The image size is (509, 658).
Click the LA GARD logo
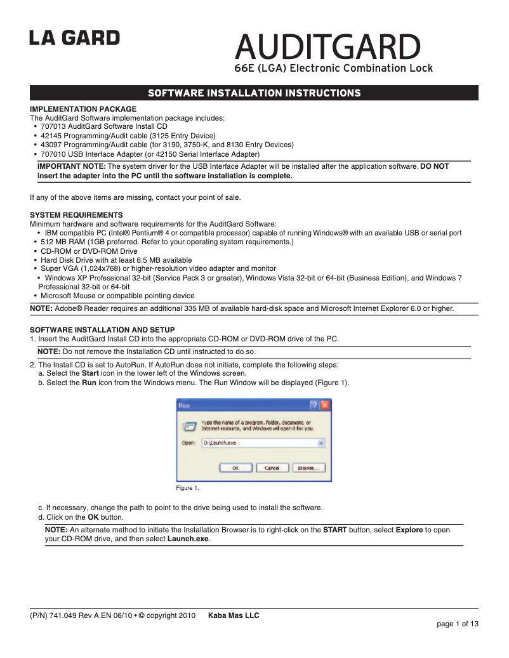pyautogui.click(x=74, y=39)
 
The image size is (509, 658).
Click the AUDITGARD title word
pyautogui.click(x=327, y=47)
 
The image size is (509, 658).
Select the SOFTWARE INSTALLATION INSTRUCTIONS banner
pyautogui.click(x=254, y=93)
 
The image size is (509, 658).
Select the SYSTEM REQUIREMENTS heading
pyautogui.click(x=76, y=215)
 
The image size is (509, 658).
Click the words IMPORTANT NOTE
pyautogui.click(x=72, y=166)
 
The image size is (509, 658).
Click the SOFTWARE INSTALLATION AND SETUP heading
pyautogui.click(x=102, y=330)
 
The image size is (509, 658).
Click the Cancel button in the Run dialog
pyautogui.click(x=272, y=468)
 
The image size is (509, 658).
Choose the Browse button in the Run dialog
pyautogui.click(x=308, y=468)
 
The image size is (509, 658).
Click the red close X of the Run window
pyautogui.click(x=324, y=405)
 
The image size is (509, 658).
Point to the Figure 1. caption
pyautogui.click(x=187, y=488)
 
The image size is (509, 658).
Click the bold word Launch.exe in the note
pyautogui.click(x=188, y=539)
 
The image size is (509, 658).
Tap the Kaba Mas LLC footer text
pyautogui.click(x=234, y=615)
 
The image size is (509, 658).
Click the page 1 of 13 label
pyautogui.click(x=457, y=624)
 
